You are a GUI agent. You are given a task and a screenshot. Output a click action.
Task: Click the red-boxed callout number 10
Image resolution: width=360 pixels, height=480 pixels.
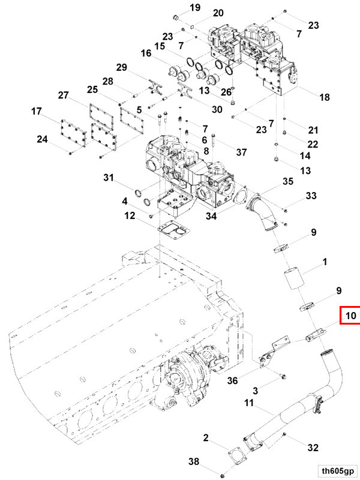pyautogui.click(x=350, y=315)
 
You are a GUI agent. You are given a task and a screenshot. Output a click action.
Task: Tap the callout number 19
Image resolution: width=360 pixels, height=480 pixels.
pyautogui.click(x=178, y=8)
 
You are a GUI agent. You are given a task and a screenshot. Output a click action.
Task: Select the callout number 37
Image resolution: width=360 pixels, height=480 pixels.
pyautogui.click(x=241, y=152)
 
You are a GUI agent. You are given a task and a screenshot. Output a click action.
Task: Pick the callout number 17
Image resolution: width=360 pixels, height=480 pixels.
pyautogui.click(x=37, y=111)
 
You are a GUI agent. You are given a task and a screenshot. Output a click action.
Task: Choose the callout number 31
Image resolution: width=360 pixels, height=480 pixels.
pyautogui.click(x=108, y=178)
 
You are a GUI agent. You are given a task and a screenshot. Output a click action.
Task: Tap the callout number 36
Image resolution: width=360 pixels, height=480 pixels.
pyautogui.click(x=233, y=380)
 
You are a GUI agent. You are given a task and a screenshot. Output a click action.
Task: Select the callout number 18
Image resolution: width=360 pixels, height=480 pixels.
pyautogui.click(x=325, y=97)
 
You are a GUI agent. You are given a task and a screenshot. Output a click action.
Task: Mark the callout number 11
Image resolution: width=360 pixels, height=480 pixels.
pyautogui.click(x=250, y=404)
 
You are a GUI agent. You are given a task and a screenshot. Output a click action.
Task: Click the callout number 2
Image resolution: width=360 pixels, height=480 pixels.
pyautogui.click(x=206, y=440)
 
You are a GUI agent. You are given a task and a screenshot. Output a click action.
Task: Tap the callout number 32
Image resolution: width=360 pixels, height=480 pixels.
pyautogui.click(x=313, y=447)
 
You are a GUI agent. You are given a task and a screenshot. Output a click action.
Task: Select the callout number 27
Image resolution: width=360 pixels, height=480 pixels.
pyautogui.click(x=64, y=95)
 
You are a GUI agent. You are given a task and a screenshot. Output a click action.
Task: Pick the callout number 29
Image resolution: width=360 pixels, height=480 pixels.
pyautogui.click(x=122, y=68)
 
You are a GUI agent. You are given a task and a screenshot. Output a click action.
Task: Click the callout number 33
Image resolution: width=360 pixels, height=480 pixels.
pyautogui.click(x=311, y=196)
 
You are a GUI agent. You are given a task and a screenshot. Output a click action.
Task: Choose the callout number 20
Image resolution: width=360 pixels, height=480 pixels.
pyautogui.click(x=200, y=13)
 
